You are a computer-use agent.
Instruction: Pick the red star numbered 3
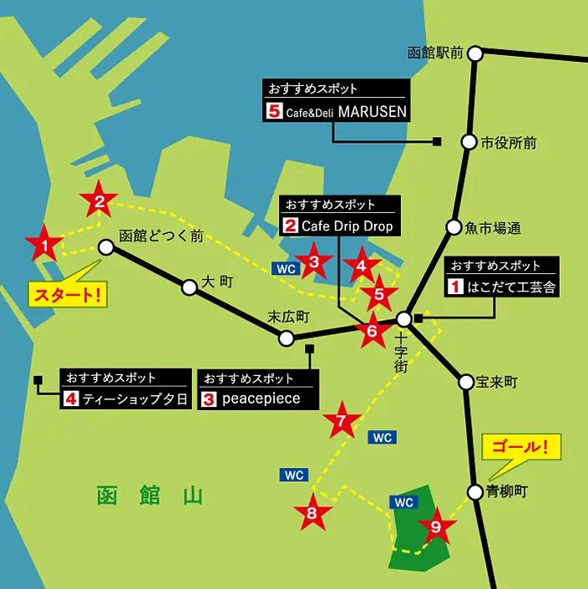313,262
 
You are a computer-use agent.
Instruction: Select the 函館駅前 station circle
475,53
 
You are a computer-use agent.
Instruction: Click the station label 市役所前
509,143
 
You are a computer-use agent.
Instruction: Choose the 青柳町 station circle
475,491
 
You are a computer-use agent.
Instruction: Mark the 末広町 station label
289,317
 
